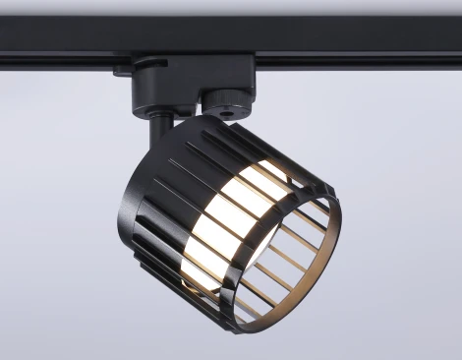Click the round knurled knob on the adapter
tap(225, 98)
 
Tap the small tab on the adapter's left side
tap(122, 70)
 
